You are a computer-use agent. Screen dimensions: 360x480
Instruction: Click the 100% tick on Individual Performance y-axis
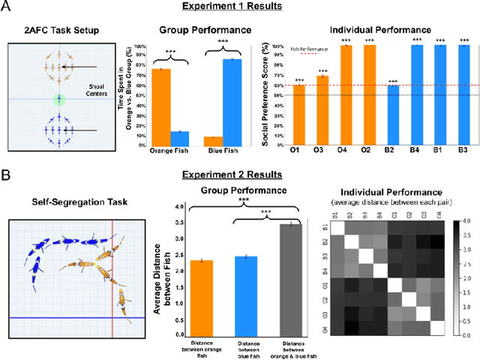coord(281,46)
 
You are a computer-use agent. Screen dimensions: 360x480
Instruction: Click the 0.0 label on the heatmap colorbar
coord(466,334)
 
